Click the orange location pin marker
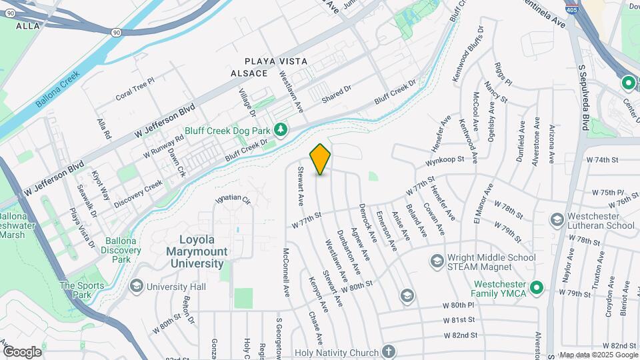point(321,159)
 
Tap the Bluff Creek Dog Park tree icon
point(282,128)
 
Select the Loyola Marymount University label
point(203,251)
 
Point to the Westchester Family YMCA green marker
point(537,288)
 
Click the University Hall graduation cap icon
point(136,287)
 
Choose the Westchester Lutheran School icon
point(556,219)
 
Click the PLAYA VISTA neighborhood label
point(275,61)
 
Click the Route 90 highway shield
point(117,31)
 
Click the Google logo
point(22,351)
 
